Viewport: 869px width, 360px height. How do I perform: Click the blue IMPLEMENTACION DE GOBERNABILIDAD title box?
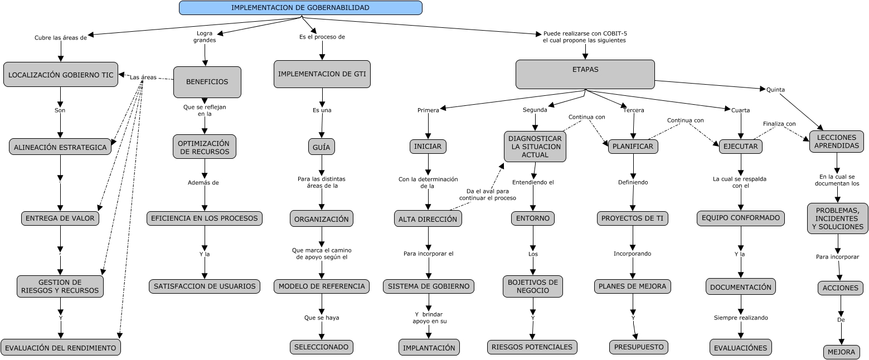pos(300,8)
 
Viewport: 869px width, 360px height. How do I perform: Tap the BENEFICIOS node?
pos(207,82)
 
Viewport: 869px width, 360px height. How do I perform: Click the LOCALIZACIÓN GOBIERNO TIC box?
pos(61,75)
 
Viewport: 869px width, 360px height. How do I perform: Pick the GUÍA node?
pos(321,147)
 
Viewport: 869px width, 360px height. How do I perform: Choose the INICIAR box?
pos(428,147)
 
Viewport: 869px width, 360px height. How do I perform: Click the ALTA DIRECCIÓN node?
pos(428,219)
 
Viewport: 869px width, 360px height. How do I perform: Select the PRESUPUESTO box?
pos(638,347)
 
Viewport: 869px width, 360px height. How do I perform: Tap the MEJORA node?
pos(841,352)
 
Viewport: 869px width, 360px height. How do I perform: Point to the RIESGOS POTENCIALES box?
pos(532,347)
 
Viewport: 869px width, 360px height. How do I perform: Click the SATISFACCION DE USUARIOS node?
pos(205,286)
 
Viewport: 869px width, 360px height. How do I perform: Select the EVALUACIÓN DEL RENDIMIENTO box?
pos(60,347)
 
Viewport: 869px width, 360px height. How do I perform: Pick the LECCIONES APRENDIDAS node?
pos(836,141)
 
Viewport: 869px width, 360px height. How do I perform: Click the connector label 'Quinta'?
pos(775,89)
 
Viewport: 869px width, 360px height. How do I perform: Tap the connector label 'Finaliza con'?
pos(779,124)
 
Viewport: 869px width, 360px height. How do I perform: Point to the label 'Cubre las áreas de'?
pos(61,38)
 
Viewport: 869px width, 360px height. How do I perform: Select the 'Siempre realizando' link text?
pos(740,318)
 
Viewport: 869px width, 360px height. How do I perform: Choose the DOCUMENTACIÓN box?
pos(741,287)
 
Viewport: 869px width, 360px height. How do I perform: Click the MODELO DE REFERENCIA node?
pos(322,286)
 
